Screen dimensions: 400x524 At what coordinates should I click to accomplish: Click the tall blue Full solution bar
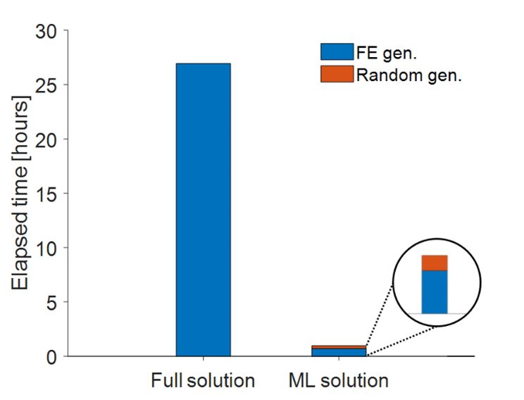click(203, 210)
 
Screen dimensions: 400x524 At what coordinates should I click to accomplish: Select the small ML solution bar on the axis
click(339, 351)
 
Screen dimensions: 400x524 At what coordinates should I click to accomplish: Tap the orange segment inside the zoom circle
click(435, 263)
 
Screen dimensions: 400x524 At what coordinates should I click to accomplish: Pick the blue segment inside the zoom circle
click(435, 292)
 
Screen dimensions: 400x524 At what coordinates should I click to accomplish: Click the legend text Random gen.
click(408, 75)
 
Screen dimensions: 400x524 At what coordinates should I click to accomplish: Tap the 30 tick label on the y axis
click(48, 31)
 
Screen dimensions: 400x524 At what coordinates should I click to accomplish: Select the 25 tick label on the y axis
click(48, 85)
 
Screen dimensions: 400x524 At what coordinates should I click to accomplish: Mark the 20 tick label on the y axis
click(48, 139)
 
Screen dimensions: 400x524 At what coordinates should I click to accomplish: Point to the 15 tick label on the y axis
click(48, 194)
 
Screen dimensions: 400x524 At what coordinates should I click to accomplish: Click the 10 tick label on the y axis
click(48, 248)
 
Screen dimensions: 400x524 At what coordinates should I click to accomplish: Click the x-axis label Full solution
click(203, 382)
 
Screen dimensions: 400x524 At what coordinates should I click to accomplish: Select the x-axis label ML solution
click(338, 382)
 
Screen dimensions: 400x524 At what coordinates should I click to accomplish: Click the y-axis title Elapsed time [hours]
click(20, 194)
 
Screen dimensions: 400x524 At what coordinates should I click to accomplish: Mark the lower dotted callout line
click(401, 340)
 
